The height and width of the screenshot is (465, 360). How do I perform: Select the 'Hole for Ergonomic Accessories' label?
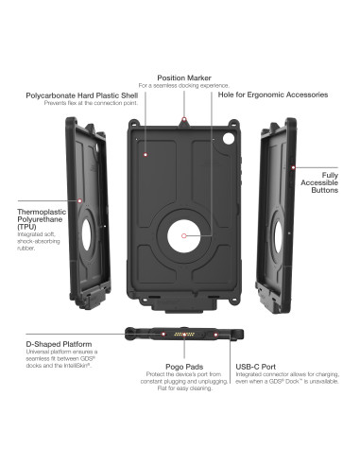(x=273, y=95)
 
